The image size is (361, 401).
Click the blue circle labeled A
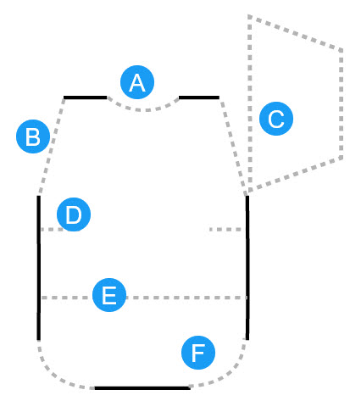[x=137, y=82]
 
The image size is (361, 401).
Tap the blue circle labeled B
[x=33, y=136]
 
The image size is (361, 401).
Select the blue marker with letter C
[x=276, y=119]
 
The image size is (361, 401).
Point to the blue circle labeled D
[x=74, y=214]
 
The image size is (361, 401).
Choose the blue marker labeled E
[x=109, y=295]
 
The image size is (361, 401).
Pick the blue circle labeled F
[x=198, y=353]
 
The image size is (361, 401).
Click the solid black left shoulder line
[x=86, y=97]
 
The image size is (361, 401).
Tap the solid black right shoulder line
[x=199, y=97]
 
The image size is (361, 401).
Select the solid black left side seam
[x=39, y=268]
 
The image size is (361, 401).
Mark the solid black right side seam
[x=247, y=268]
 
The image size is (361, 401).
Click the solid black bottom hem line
[x=142, y=388]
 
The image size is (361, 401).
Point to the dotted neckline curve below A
[x=143, y=109]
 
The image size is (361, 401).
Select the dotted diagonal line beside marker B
[x=51, y=147]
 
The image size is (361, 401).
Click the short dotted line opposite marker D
[x=225, y=230]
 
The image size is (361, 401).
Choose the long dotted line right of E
[x=186, y=298]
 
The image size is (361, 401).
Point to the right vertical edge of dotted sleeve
[x=342, y=104]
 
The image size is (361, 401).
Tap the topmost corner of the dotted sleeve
[x=250, y=16]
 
